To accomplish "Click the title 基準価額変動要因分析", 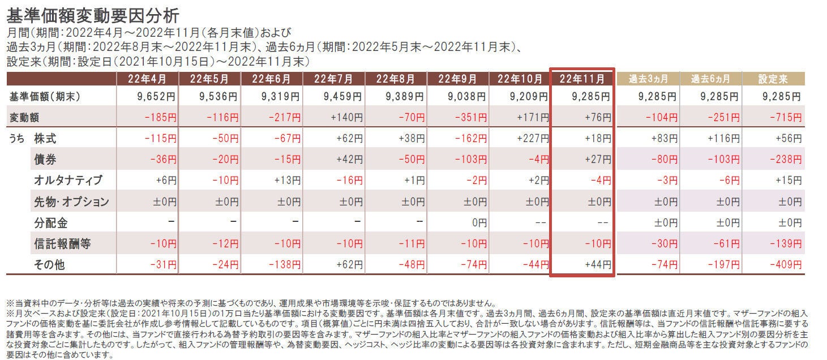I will coord(93,14).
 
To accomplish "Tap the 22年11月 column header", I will coord(582,79).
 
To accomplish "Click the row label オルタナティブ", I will coord(68,181).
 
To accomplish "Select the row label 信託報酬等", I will coord(62,244).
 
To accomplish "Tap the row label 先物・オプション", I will coord(71,202).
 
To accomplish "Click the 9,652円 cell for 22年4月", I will coord(157,97).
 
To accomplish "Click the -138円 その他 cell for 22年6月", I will coord(281,264).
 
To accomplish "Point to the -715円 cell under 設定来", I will coord(785,118).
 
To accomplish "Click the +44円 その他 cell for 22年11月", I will coord(596,264).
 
